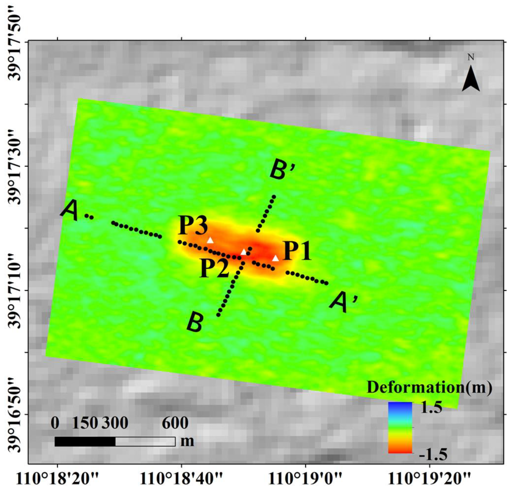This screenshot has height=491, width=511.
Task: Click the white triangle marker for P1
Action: point(275,258)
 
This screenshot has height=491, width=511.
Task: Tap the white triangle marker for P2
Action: point(243,252)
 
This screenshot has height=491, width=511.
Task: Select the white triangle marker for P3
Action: point(210,240)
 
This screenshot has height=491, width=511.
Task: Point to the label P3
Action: point(193,226)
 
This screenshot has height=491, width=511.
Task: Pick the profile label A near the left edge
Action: point(70,211)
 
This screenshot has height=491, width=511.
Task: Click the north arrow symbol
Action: point(471,78)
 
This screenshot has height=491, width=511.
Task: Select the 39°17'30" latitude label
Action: point(17,166)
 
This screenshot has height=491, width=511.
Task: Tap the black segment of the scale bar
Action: point(85,441)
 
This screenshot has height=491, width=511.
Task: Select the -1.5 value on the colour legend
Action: point(433,455)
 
